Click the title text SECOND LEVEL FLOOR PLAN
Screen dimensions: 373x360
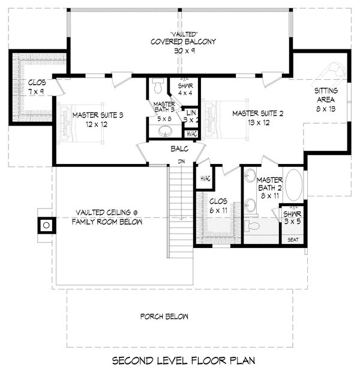click(184, 361)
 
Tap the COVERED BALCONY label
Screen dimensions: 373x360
click(184, 42)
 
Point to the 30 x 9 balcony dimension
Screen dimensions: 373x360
click(184, 51)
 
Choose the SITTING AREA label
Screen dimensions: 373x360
click(326, 95)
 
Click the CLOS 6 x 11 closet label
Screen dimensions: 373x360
click(218, 206)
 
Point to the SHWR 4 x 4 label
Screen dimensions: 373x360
click(184, 89)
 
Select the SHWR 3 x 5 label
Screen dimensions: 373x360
click(292, 217)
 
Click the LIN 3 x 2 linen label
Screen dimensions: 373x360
click(192, 116)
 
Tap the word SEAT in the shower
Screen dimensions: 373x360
click(293, 240)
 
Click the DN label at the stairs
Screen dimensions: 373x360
click(180, 162)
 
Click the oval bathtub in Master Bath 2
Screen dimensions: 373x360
click(293, 186)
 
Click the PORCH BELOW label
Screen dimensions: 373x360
click(164, 317)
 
